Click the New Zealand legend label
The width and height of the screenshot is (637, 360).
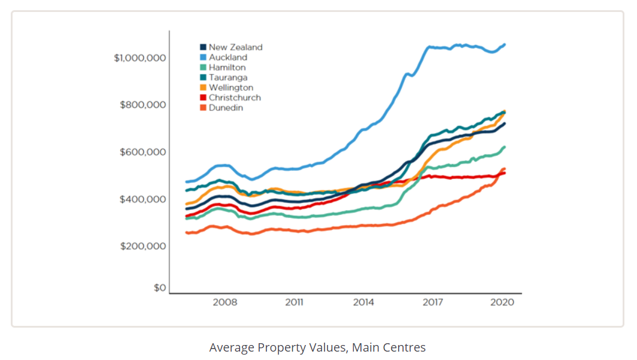point(235,47)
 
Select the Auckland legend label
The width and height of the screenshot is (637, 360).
point(227,58)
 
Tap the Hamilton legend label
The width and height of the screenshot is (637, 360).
point(227,68)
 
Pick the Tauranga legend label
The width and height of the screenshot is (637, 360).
point(227,78)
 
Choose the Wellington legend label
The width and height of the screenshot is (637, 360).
point(230,88)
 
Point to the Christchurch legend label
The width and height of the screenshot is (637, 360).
point(235,98)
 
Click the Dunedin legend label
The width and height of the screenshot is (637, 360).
point(226,108)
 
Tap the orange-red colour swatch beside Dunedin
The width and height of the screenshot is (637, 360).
point(203,108)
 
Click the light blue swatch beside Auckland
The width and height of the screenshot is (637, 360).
point(203,58)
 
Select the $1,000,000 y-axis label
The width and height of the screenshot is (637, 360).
point(139,58)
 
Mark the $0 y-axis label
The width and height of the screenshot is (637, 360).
point(159,288)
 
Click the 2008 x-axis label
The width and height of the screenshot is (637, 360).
point(225,302)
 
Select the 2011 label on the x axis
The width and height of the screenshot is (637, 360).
point(294,302)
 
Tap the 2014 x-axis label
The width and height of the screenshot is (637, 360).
point(363,302)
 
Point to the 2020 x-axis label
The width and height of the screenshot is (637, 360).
point(502,302)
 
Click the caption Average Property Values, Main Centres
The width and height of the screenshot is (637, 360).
point(317,347)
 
